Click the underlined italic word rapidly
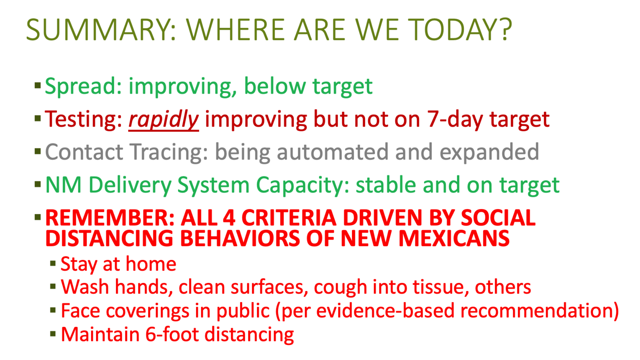(x=164, y=120)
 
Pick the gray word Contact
(x=84, y=152)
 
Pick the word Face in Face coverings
(x=80, y=311)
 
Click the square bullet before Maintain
(x=53, y=334)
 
